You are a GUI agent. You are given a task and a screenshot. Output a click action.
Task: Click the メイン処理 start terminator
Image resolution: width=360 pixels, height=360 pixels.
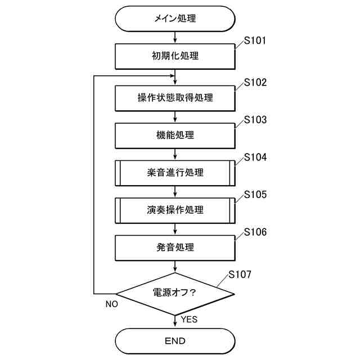175,19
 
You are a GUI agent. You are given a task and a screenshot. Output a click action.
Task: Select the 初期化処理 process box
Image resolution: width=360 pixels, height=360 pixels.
175,56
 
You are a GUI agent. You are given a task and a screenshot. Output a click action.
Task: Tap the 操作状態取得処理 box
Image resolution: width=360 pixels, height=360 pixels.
175,98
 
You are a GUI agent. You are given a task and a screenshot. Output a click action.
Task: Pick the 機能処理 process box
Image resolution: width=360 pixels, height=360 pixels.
175,135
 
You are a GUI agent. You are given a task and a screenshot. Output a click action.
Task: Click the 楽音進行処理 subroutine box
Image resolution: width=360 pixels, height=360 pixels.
175,173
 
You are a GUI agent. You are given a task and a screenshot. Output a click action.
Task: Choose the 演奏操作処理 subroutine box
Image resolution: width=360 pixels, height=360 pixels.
175,210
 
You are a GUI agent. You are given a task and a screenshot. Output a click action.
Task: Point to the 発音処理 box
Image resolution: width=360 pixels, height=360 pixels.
175,247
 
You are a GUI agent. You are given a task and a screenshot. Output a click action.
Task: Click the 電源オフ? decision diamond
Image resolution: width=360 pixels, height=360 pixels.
175,293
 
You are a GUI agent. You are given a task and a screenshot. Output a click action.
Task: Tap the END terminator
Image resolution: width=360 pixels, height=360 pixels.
175,341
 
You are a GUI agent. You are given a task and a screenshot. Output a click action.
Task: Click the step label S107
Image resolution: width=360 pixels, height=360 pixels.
240,275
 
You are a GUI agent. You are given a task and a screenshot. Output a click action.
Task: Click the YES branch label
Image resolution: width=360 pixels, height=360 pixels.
189,319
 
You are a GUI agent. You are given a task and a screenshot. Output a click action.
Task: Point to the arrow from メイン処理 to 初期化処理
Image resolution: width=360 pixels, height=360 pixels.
175,38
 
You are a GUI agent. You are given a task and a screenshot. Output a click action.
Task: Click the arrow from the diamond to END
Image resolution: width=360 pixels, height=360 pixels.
175,321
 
